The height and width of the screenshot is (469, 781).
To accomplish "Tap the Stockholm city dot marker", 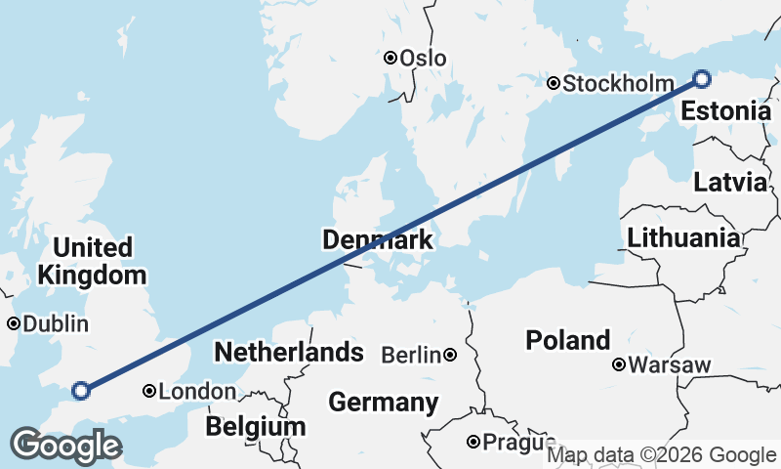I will click(x=554, y=84).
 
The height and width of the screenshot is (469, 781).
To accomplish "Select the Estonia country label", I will click(x=725, y=111).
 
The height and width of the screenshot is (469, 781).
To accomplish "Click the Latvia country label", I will click(x=729, y=182).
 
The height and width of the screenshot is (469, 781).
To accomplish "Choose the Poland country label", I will click(x=568, y=340).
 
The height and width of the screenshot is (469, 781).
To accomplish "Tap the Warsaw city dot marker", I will click(x=619, y=365).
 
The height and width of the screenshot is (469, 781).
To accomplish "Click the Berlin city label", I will click(x=411, y=356).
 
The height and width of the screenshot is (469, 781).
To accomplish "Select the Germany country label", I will click(x=383, y=402).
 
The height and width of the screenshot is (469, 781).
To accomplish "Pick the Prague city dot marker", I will click(x=473, y=443).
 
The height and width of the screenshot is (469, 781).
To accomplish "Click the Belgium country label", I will click(x=255, y=427).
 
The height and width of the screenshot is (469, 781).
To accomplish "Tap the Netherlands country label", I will click(x=289, y=352).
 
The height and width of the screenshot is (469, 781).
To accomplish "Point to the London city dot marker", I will click(x=149, y=392).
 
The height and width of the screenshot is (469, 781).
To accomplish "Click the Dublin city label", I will click(x=55, y=323).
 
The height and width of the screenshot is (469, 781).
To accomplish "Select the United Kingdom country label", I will click(x=94, y=261).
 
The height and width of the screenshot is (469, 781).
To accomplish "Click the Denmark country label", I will click(x=377, y=240).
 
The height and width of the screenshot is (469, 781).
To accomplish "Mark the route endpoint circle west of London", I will click(x=82, y=391).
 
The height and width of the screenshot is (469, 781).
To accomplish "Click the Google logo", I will click(x=65, y=446).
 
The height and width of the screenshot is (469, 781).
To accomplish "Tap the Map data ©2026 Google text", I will click(x=661, y=455).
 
